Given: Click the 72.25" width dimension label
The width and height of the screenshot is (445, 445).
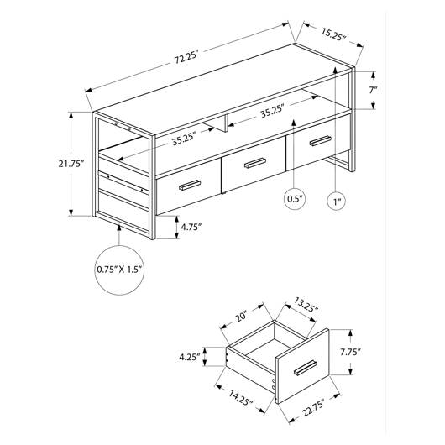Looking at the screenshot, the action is coord(186,58).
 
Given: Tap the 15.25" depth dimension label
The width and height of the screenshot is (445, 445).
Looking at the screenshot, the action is coord(334,34).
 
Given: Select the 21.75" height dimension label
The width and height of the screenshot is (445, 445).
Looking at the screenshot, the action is coord(71,164).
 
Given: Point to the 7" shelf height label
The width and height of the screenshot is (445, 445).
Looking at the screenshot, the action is coord(373,90).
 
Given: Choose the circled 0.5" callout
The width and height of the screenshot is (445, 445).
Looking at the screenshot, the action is coord(296,198).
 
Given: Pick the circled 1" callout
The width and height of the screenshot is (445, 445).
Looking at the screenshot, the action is coord(337,202).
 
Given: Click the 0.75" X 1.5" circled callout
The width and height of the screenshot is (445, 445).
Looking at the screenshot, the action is coord(119,270).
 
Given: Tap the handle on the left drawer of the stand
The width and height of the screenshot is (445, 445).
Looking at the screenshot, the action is coord(190,185).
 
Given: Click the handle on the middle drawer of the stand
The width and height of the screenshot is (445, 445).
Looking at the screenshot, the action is coord(255,163).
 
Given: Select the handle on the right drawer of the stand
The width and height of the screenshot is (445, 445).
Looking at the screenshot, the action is coord(321,141).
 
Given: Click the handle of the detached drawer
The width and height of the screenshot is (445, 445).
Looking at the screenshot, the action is coord(306,367).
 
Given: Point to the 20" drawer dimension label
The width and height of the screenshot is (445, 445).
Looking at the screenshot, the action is coord(242,316).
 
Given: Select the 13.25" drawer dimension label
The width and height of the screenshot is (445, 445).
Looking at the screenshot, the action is coord(306,305).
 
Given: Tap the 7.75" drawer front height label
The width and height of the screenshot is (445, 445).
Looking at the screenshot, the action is coord(350,352).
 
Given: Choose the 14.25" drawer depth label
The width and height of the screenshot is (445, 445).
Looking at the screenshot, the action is coord(240,398).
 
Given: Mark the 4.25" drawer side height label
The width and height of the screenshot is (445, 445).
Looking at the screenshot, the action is coord(189,357).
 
